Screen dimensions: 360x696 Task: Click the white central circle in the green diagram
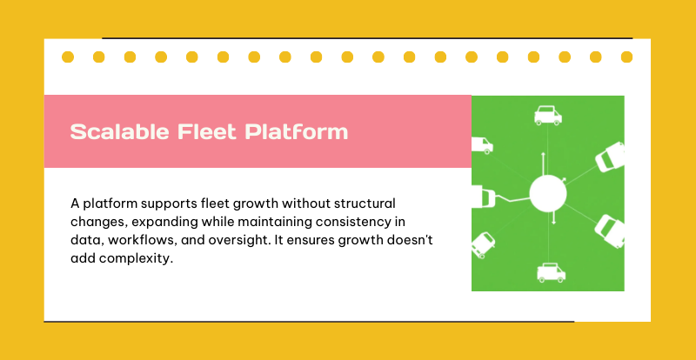[548, 193]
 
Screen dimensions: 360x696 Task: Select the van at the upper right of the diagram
[610, 157]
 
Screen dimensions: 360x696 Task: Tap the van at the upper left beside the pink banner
[482, 145]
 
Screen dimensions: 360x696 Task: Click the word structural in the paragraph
[365, 203]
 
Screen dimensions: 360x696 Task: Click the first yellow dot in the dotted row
[68, 57]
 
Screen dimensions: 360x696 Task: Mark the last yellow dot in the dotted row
[626, 57]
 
